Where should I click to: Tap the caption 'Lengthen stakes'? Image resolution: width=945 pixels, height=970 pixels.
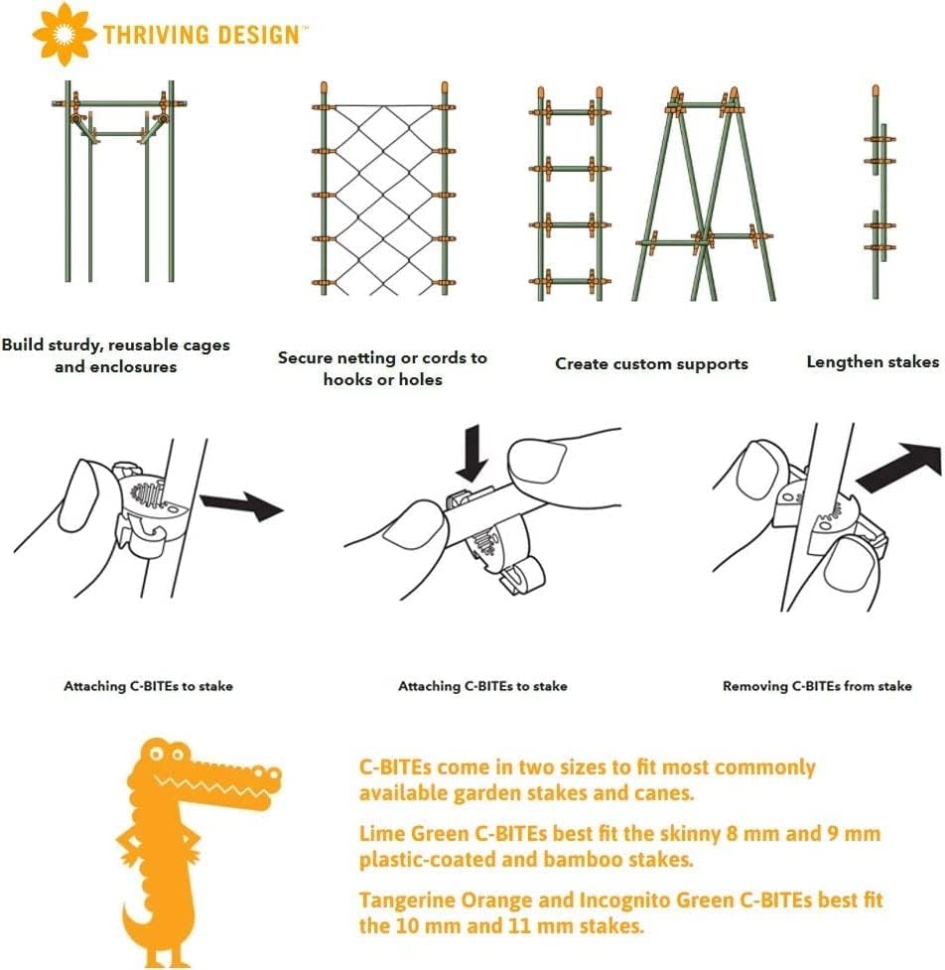872,361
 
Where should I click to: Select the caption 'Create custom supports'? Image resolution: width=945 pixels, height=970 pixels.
651,363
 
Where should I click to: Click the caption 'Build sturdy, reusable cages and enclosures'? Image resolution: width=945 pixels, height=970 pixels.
116,355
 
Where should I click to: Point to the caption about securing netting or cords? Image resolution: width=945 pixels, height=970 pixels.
382,367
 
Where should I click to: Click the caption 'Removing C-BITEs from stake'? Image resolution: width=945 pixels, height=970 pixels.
816,686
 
